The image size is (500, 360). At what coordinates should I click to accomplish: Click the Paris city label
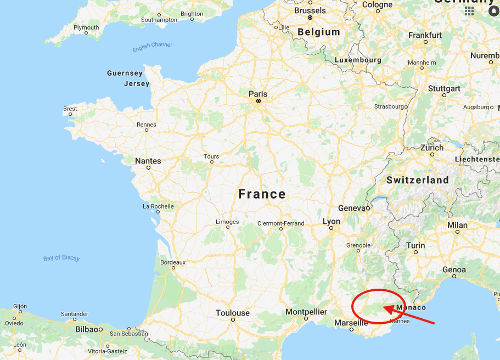[258, 94]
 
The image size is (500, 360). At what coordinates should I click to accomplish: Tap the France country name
[262, 194]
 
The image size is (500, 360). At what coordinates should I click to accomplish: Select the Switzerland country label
[417, 180]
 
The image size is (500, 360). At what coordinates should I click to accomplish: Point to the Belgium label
[319, 32]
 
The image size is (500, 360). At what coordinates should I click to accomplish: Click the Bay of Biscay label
[61, 258]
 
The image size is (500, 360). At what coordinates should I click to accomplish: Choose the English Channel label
[152, 47]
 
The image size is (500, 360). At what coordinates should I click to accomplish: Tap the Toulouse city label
[233, 313]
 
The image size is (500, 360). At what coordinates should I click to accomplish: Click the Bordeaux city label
[173, 262]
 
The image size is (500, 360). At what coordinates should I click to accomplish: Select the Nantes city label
[148, 161]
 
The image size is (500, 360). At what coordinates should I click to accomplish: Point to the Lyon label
[332, 222]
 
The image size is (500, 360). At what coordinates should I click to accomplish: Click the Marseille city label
[351, 323]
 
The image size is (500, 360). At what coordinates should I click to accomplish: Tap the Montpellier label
[306, 312]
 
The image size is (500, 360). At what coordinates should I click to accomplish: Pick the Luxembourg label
[358, 60]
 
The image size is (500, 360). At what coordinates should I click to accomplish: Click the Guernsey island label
[125, 73]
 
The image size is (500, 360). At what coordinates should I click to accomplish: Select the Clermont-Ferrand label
[281, 223]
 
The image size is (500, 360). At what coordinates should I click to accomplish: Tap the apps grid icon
[469, 10]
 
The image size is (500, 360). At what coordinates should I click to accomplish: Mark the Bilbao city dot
[101, 329]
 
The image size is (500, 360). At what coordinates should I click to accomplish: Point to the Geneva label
[352, 208]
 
